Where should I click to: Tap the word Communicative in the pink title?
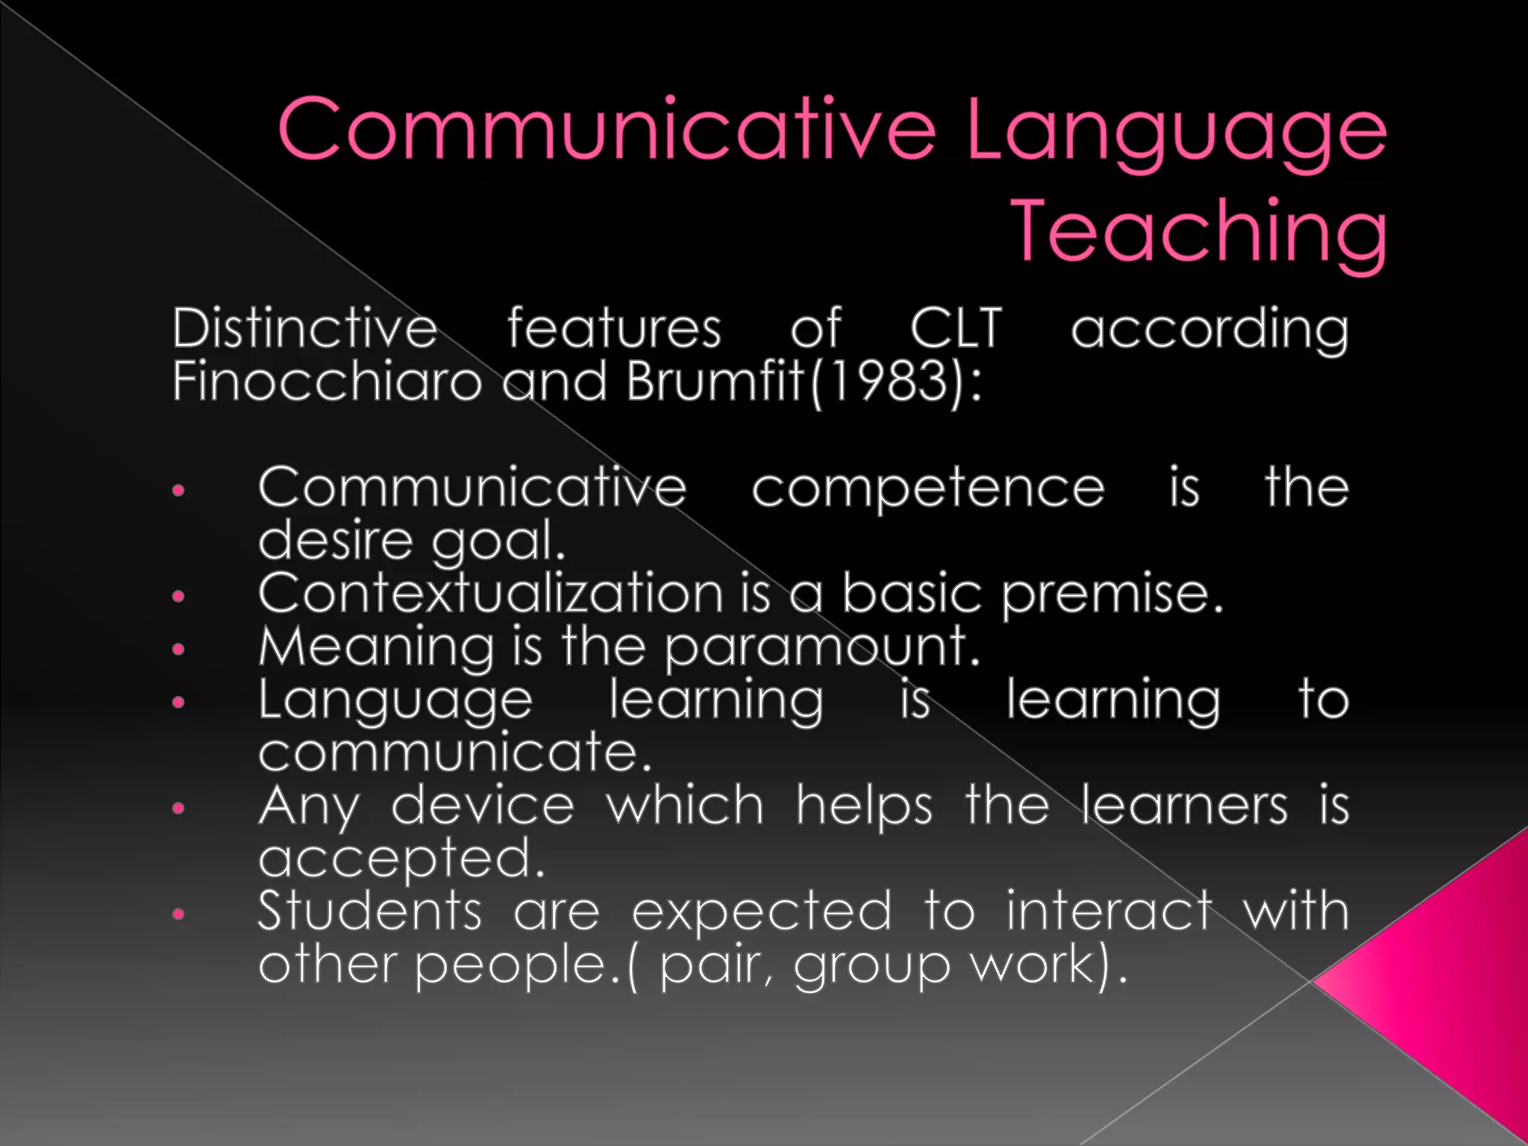pyautogui.click(x=606, y=129)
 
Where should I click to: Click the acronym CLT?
pyautogui.click(x=956, y=328)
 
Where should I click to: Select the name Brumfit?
pyautogui.click(x=714, y=381)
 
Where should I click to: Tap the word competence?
pyautogui.click(x=927, y=489)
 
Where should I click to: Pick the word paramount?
pyautogui.click(x=821, y=648)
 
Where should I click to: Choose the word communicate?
pyautogui.click(x=454, y=752)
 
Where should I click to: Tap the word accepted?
pyautogui.click(x=401, y=859)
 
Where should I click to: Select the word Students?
pyautogui.click(x=370, y=911)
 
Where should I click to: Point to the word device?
pyautogui.click(x=483, y=806)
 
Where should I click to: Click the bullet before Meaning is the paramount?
pyautogui.click(x=178, y=649)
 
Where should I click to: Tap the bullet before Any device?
pyautogui.click(x=178, y=808)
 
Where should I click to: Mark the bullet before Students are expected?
pyautogui.click(x=178, y=913)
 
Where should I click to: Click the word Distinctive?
pyautogui.click(x=304, y=328)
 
